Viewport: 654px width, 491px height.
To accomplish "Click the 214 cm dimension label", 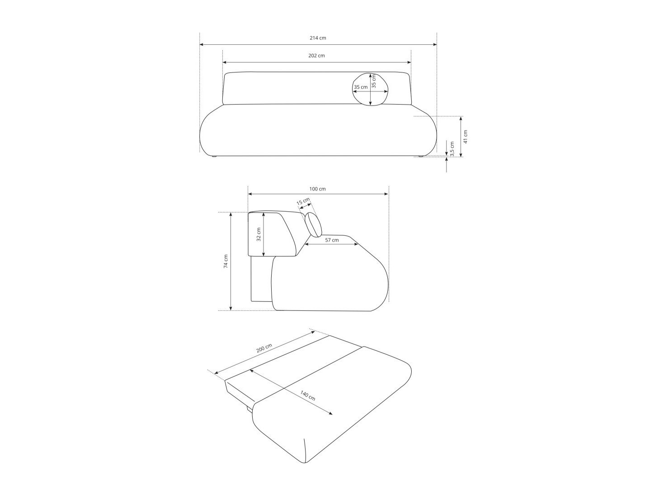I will tap(318, 38).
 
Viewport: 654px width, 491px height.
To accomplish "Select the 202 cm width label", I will tap(316, 56).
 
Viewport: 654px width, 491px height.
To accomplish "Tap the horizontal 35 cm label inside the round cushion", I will tap(361, 87).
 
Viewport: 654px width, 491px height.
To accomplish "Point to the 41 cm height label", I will tap(466, 136).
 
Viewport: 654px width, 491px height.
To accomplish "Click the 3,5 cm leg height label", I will tap(452, 148).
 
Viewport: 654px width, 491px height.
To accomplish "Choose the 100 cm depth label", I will tap(317, 189).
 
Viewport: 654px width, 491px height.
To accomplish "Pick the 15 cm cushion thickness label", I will tap(303, 201).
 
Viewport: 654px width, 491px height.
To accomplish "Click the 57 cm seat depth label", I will tap(332, 240).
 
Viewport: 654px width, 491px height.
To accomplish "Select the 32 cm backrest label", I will tap(259, 235).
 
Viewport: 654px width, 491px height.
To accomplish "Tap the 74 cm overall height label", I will tap(226, 261).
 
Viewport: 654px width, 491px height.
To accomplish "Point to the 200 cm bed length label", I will tap(264, 349).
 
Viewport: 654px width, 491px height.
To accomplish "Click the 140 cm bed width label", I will tap(308, 396).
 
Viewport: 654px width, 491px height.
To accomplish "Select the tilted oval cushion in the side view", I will tap(313, 225).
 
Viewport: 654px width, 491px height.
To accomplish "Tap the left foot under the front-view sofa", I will tap(214, 157).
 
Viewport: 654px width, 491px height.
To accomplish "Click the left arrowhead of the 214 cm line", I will tap(202, 44).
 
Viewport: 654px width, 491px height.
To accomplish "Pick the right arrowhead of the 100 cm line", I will tap(386, 194).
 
